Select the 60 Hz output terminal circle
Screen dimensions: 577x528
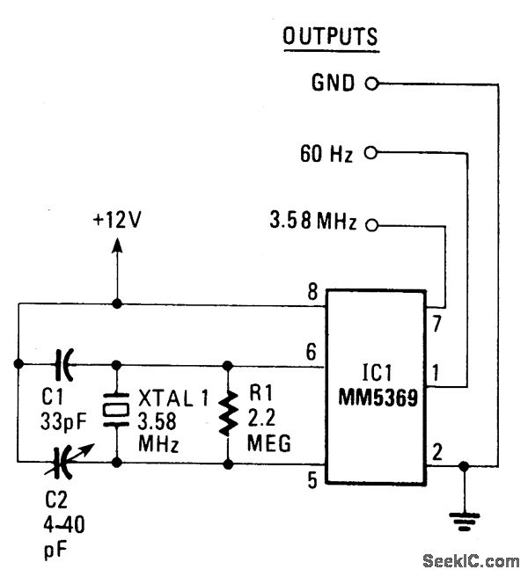[x=370, y=154]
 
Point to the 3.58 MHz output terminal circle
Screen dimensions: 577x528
[x=370, y=225]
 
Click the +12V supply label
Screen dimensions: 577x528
[x=117, y=220]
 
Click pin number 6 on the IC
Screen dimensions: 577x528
[x=311, y=350]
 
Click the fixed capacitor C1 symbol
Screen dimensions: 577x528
[x=63, y=362]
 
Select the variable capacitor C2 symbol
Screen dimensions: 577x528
[x=63, y=459]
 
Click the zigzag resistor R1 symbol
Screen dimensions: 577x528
[x=229, y=412]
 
